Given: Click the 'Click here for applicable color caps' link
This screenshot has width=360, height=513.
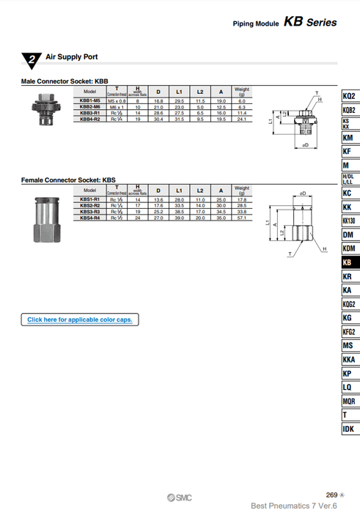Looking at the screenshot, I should [79, 320].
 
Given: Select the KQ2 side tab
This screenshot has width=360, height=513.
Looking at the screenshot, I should [349, 96].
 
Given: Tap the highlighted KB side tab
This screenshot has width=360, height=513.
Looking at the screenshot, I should [349, 262].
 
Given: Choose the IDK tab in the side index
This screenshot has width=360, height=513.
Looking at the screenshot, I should [349, 429].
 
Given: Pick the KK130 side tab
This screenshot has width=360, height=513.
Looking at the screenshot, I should [349, 221].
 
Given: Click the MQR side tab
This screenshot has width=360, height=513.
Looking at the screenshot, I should [349, 401].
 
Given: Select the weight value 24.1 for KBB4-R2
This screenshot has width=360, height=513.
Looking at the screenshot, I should [242, 118].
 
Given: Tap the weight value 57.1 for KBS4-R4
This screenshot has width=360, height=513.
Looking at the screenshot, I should [242, 218].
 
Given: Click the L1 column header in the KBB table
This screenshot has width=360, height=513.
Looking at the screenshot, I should [178, 91].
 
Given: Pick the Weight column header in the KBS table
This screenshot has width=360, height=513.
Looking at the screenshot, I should [242, 190].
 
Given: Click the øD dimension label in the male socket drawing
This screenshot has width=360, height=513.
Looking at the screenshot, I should [304, 146].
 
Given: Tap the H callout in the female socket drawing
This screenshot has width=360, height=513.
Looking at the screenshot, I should [323, 249].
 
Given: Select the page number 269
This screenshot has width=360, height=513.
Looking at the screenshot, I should [331, 495].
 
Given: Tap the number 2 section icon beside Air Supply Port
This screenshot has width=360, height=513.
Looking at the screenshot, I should [31, 59].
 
